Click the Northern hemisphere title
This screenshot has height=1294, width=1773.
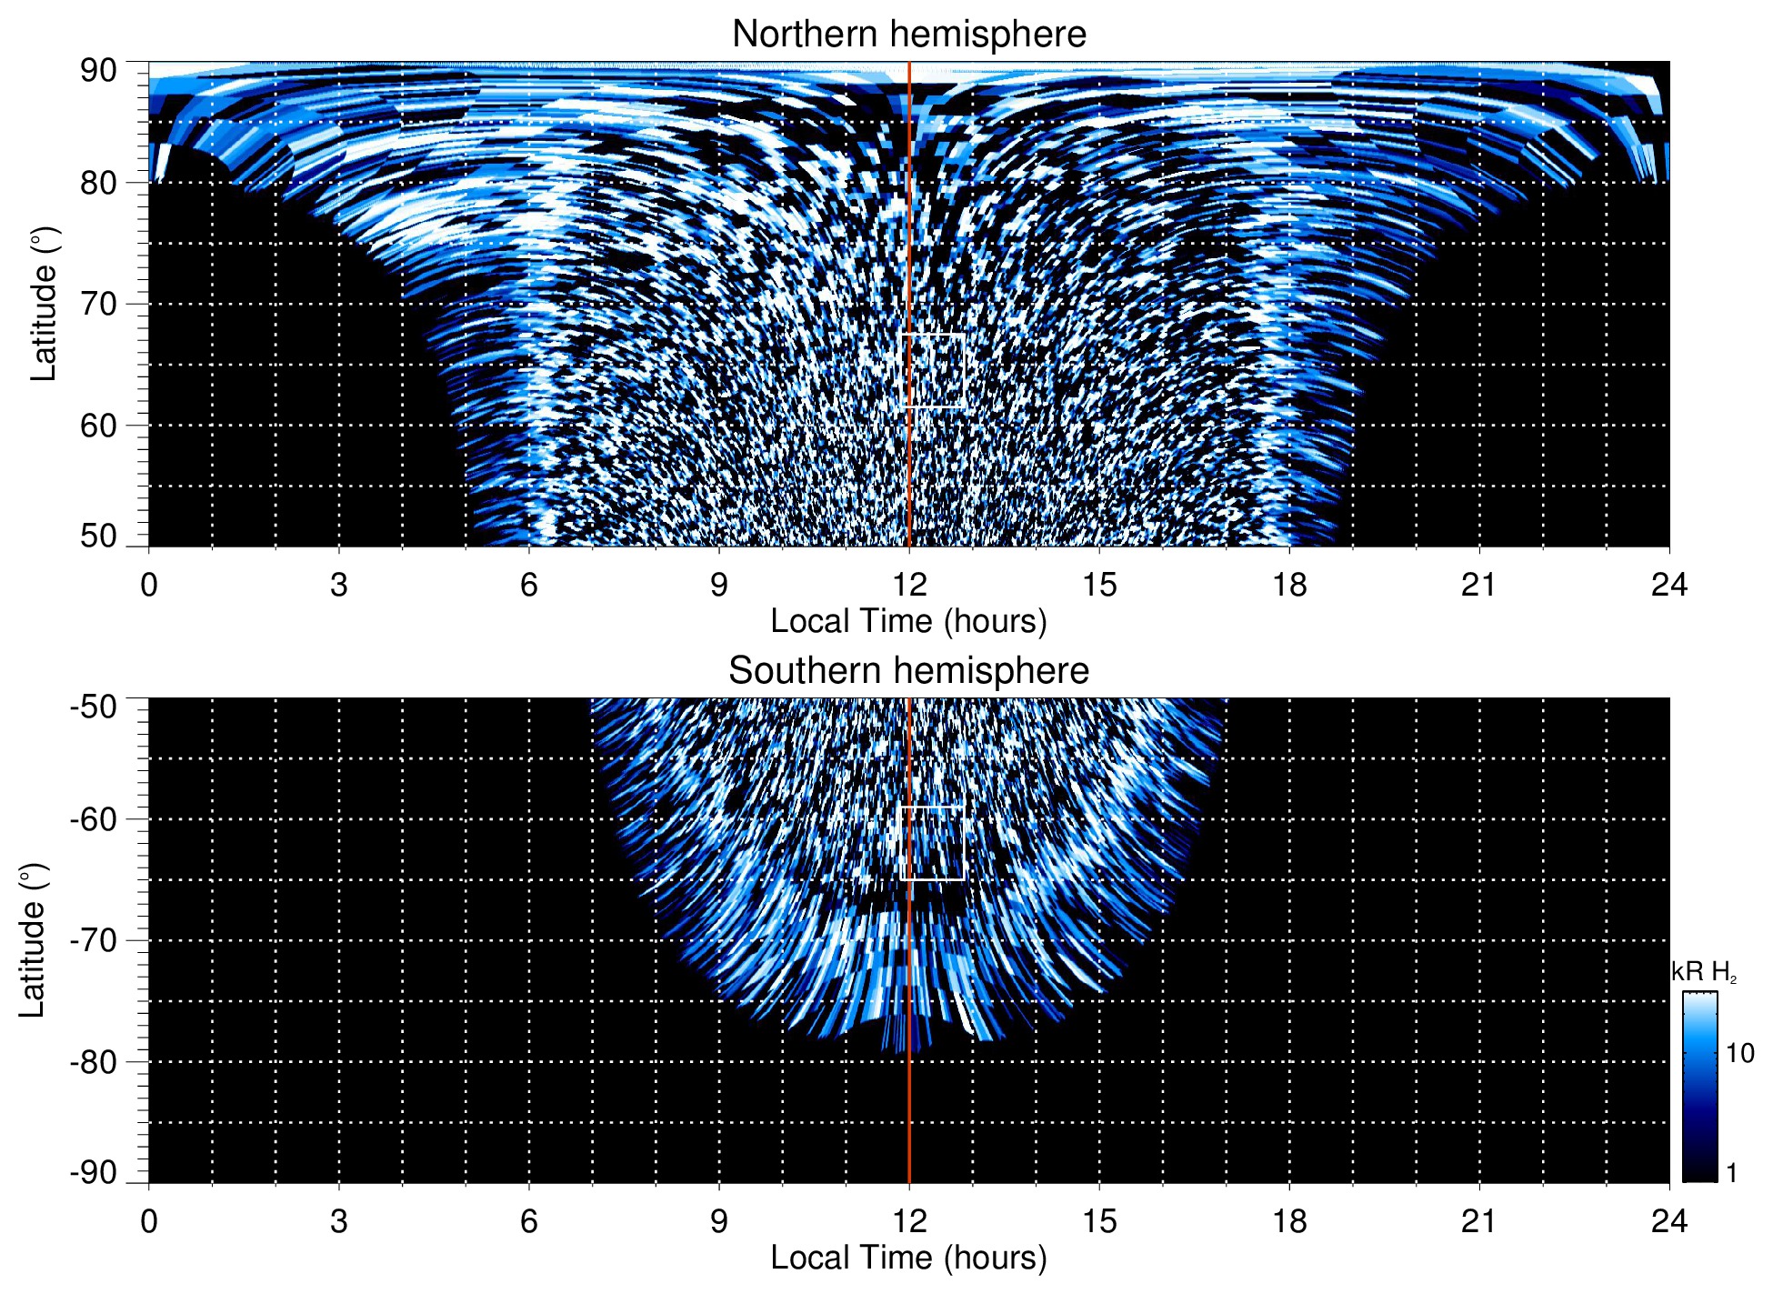pos(908,35)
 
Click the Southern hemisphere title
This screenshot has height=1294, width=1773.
pos(908,671)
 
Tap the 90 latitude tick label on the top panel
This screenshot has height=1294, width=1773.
pos(98,71)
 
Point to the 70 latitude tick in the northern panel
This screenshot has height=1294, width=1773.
pos(98,304)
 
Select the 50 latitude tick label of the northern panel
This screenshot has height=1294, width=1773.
pos(98,536)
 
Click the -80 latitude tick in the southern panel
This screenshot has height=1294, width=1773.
pos(94,1061)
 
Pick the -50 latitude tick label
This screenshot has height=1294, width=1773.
pos(94,707)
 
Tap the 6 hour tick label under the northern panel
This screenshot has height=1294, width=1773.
pos(529,585)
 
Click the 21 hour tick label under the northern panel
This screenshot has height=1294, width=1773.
pos(1479,585)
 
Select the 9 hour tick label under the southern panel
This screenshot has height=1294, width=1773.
pos(719,1221)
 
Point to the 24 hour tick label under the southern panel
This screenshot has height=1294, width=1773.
pos(1669,1221)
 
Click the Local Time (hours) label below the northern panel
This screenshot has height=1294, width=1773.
pos(908,621)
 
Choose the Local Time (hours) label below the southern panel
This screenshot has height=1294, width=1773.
pos(908,1258)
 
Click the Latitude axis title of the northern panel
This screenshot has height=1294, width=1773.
pos(44,304)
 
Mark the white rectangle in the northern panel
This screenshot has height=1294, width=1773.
pos(933,370)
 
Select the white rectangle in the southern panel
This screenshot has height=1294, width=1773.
pos(933,843)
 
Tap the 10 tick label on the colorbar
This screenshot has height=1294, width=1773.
pos(1739,1053)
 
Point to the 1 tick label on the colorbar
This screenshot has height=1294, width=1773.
pos(1731,1173)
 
